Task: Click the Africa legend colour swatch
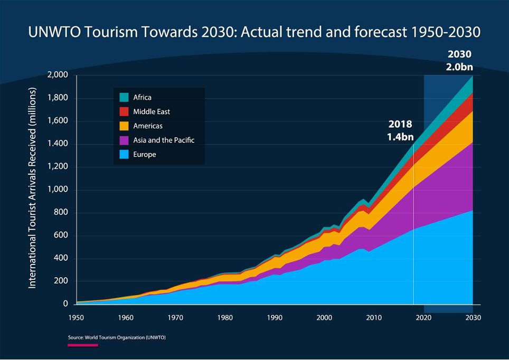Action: (124, 98)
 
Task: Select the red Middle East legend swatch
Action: (124, 112)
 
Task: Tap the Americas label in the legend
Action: (148, 126)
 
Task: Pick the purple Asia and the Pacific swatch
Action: (124, 140)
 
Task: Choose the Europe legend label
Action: (145, 155)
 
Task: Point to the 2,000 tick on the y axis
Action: (58, 75)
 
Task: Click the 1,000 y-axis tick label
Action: (58, 190)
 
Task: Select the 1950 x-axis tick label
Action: (76, 318)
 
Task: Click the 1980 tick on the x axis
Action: (225, 318)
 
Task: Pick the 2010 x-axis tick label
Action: (374, 318)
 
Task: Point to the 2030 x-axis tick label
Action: (473, 318)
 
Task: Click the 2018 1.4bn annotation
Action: (400, 130)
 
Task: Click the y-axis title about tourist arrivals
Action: (32, 188)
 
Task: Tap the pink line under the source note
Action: (83, 345)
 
